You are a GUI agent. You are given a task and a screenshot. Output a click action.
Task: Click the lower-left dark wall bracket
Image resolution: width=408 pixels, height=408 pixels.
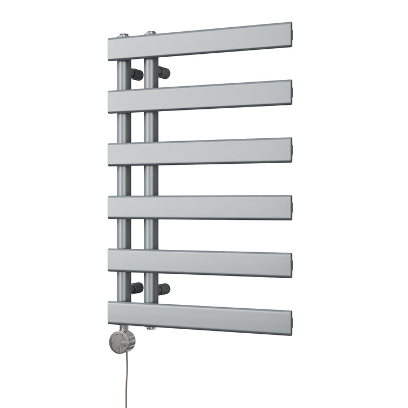click(x=137, y=288)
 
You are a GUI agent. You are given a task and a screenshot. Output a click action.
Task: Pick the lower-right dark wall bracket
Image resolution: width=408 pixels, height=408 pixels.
click(x=164, y=291)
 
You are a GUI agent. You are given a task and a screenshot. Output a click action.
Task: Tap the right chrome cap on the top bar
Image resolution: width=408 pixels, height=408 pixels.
click(x=151, y=32)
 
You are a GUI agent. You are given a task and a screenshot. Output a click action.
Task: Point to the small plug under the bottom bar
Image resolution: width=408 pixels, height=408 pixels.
click(x=150, y=328)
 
